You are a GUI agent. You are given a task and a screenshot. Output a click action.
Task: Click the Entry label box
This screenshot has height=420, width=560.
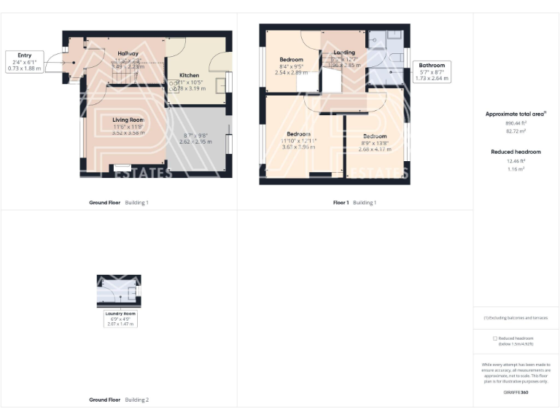click(x=25, y=61)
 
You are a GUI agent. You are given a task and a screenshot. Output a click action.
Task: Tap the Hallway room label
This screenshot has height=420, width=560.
click(x=128, y=53)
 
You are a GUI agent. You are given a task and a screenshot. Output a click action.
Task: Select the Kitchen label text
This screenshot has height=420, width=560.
click(x=189, y=76)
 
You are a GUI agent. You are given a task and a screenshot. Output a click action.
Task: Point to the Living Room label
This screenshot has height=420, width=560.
click(x=128, y=120)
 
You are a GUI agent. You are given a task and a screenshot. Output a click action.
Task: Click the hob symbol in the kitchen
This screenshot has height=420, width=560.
click(x=174, y=86)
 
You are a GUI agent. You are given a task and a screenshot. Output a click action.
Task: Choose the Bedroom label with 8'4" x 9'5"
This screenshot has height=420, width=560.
click(x=292, y=60)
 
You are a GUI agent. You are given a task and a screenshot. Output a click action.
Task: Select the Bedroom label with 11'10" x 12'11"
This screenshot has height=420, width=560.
click(x=298, y=134)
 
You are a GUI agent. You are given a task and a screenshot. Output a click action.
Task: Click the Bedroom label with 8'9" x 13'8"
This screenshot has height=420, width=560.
click(x=375, y=136)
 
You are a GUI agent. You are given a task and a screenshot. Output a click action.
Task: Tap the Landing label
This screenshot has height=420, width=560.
click(x=344, y=53)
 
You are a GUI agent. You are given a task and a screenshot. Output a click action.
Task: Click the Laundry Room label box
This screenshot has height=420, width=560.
click(x=120, y=318)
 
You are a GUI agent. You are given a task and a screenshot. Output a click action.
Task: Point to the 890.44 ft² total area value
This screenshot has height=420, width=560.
click(x=516, y=123)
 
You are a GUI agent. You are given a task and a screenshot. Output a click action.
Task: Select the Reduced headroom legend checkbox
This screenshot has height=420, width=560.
click(x=495, y=338)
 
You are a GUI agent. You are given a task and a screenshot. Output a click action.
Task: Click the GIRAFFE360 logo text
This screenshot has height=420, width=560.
click(x=516, y=392)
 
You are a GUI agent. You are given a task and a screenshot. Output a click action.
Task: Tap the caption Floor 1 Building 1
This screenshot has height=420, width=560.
click(x=354, y=202)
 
